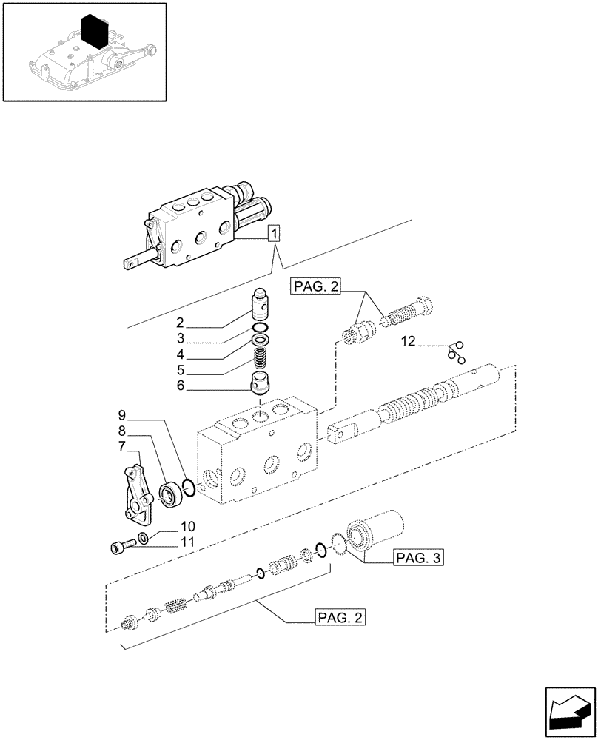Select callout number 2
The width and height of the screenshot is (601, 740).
(x=180, y=323)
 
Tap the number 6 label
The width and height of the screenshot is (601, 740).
(x=180, y=386)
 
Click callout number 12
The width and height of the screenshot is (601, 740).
(x=408, y=342)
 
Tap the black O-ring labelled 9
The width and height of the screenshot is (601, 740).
(x=189, y=487)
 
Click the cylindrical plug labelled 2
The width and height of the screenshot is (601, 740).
(x=261, y=302)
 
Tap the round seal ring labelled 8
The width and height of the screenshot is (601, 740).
(x=171, y=494)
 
